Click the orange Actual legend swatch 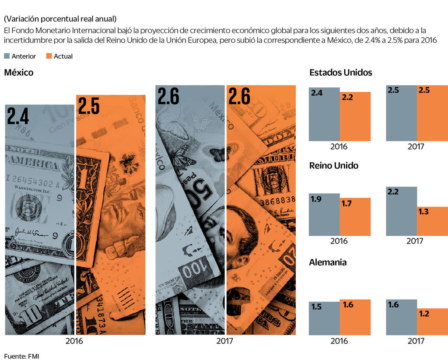[49, 56]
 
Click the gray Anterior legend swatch [7, 56]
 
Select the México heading [18, 73]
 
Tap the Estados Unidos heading [340, 73]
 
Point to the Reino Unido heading [333, 166]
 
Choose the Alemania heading [328, 262]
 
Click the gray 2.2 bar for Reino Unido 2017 [401, 211]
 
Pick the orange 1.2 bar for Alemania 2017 [432, 322]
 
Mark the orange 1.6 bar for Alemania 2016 [355, 317]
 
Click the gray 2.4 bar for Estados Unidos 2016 [324, 114]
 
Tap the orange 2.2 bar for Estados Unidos [355, 116]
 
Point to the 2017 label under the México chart [225, 341]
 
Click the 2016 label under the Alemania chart [339, 341]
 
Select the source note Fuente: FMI [22, 356]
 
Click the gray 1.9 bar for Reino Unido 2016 [324, 214]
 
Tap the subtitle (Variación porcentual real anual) [60, 19]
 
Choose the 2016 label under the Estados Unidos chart [339, 147]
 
